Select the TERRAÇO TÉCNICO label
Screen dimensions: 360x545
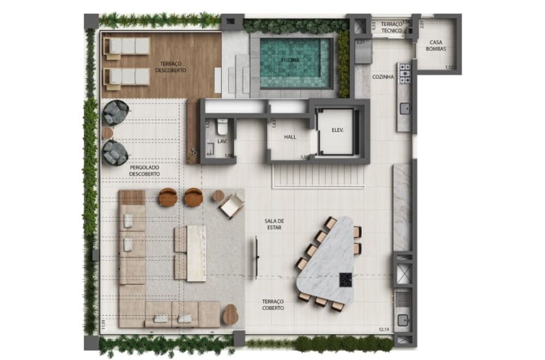coord(391,28)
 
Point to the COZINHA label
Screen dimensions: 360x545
coord(383,77)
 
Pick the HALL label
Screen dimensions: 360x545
coord(290,137)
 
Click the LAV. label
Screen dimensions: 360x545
coord(222,142)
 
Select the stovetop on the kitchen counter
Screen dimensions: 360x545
coord(404,74)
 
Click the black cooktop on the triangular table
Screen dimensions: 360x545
coord(346,279)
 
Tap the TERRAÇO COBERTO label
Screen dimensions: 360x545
coord(272,304)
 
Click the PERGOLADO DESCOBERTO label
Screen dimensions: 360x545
coord(144,170)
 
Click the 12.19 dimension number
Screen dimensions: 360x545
coord(385,328)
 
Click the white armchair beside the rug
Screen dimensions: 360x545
coord(232,205)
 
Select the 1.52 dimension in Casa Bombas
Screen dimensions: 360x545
coord(450,68)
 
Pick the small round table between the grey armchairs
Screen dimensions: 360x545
coord(107,133)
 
